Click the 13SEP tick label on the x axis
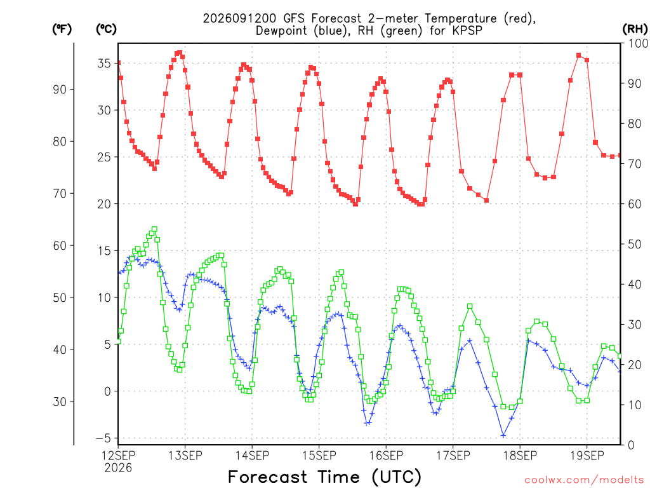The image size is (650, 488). pos(185,456)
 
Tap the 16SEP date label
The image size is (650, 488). pos(387,456)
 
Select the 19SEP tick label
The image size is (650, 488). pos(587,456)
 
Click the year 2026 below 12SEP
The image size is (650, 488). pos(118,468)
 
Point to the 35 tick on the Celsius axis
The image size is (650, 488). pos(104,64)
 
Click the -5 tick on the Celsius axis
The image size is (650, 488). pos(103,438)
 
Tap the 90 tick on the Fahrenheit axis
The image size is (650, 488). pos(60,90)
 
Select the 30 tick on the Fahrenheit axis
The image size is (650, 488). pos(60,402)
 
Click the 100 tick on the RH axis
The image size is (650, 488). pos(638,43)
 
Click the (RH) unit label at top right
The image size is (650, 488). pos(635,29)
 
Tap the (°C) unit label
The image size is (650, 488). pos(106,29)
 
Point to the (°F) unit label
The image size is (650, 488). pos(62,29)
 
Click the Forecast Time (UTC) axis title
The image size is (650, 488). pos(324,477)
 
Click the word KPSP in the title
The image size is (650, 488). pos(467,30)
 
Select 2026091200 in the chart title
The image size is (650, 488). pos(239,18)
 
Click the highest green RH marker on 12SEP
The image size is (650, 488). pos(155,229)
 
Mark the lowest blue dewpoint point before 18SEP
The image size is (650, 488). pos(503,435)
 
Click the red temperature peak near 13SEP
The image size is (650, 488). pos(180,53)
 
